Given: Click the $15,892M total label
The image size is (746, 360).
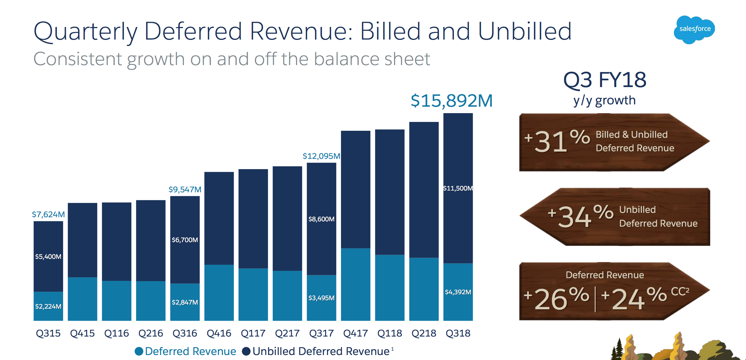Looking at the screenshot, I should click(x=451, y=101).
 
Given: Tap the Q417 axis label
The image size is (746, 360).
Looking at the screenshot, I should click(x=355, y=333).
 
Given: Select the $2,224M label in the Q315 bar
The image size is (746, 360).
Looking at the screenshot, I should click(x=48, y=306).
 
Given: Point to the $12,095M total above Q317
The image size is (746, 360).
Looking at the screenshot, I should click(x=321, y=156).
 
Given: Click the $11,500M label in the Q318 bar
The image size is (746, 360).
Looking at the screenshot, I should click(x=458, y=188).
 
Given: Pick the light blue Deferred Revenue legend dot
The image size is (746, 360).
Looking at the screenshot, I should click(x=139, y=351).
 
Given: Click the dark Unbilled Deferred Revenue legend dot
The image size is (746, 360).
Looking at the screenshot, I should click(x=246, y=351).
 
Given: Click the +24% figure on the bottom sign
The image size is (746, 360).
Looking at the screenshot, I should click(x=633, y=298).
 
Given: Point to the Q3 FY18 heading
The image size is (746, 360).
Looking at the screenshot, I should click(x=605, y=80).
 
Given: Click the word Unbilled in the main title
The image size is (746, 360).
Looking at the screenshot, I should click(x=525, y=31).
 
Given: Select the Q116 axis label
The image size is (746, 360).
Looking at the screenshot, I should click(x=116, y=333).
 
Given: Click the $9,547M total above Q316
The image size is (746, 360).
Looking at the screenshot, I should click(x=185, y=189).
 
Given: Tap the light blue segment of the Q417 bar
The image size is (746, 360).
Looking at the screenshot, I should click(x=355, y=284).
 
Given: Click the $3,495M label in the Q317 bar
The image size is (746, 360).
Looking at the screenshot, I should click(x=321, y=298).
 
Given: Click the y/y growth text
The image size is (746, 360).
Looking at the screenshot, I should click(x=604, y=100).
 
